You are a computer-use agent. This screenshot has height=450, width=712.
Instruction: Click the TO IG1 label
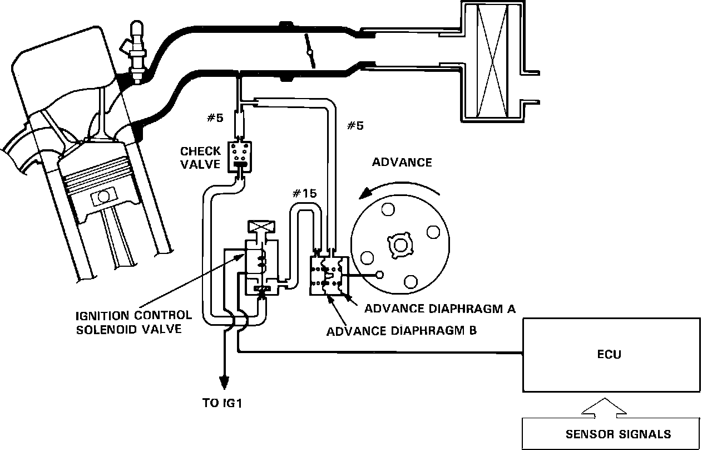point(222,403)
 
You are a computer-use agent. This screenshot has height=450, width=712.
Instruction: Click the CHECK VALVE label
point(201,158)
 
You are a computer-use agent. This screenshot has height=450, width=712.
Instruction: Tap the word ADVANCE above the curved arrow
point(402,163)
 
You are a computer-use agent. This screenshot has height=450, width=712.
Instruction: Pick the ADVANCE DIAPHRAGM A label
point(440,308)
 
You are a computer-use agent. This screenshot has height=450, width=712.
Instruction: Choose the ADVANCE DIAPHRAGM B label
point(401,330)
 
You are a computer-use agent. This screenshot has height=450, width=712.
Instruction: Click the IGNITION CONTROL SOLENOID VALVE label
point(133,322)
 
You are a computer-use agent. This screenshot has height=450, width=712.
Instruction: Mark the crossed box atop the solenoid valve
point(260,227)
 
